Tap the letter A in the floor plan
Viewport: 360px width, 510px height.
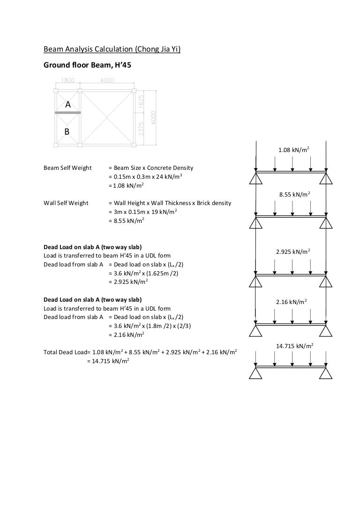coord(67,106)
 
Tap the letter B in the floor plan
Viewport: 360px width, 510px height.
coord(67,132)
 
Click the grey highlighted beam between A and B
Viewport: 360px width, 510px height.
coord(68,113)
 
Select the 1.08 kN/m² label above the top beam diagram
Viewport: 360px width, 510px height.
coord(293,151)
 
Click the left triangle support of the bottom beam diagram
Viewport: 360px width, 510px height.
coord(255,373)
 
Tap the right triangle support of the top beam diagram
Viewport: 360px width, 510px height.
coord(326,179)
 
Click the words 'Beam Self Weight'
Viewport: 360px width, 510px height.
coord(67,168)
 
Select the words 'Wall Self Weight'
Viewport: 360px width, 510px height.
coord(66,203)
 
